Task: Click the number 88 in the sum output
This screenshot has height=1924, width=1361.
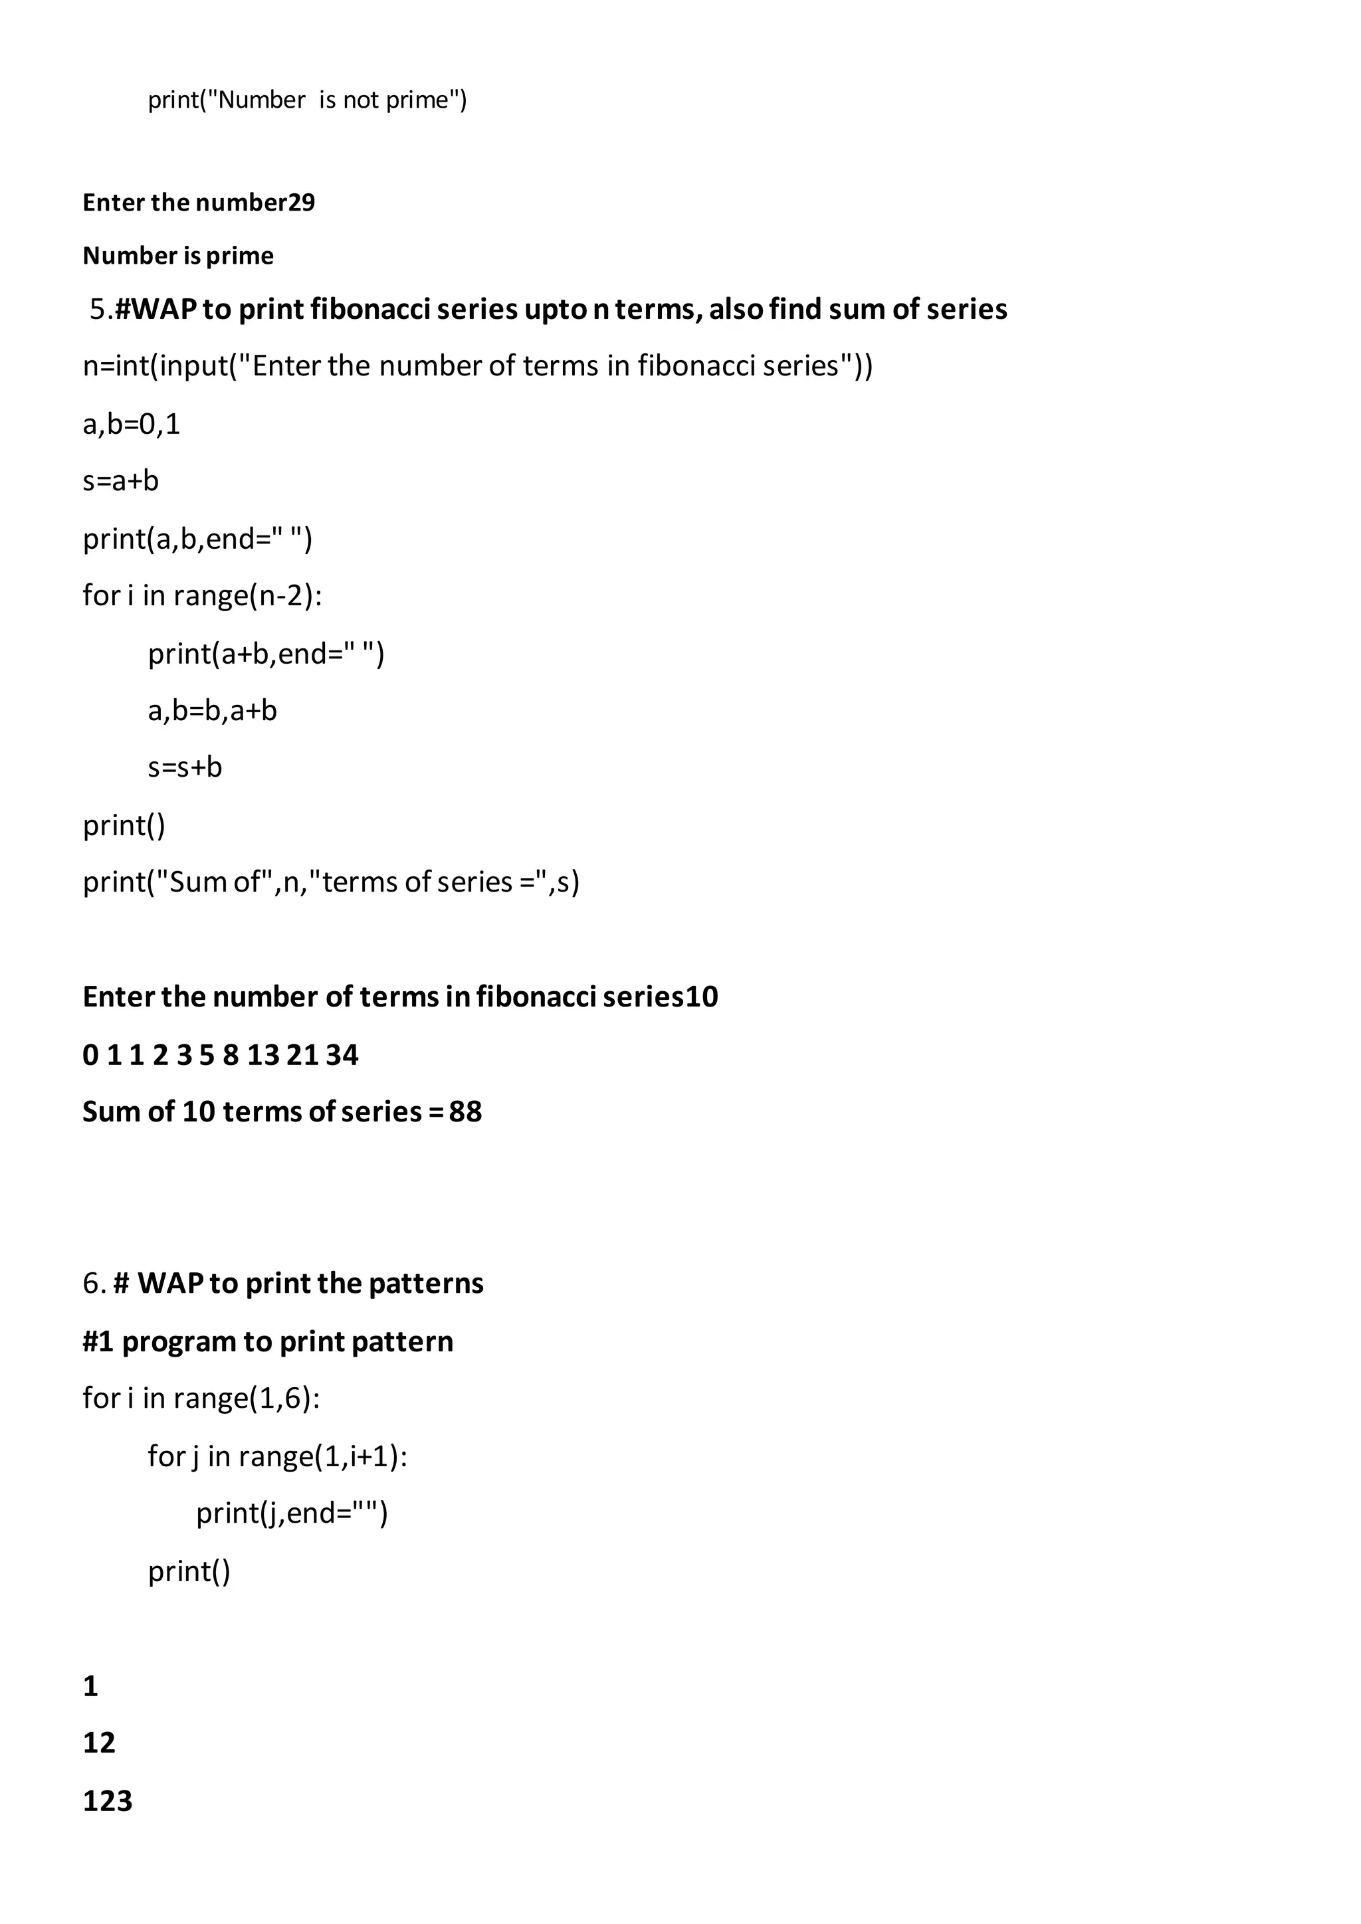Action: [x=465, y=1112]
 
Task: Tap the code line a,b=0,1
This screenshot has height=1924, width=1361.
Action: [x=132, y=424]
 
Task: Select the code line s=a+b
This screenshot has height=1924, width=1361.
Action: [x=121, y=481]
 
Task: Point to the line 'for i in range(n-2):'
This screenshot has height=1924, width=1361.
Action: [x=202, y=595]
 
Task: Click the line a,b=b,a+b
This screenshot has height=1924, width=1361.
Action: [x=212, y=711]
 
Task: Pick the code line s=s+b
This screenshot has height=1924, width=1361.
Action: [x=185, y=767]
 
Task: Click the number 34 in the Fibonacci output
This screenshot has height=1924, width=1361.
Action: [x=342, y=1055]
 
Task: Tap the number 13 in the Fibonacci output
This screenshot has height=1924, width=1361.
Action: [x=262, y=1055]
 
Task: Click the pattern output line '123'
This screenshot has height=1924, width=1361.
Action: [x=107, y=1802]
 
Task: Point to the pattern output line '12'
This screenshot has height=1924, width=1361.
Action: [x=99, y=1743]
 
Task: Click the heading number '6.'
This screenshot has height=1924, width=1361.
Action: [x=94, y=1284]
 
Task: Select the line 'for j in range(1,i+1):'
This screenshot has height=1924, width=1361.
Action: [x=277, y=1456]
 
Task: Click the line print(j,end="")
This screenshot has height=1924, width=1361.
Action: [x=292, y=1513]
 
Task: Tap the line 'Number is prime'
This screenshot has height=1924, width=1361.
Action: [x=177, y=256]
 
